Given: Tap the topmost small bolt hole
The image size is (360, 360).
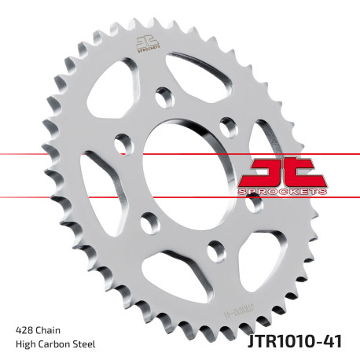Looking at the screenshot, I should [x=163, y=98].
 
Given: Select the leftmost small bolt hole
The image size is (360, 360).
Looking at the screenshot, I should [x=123, y=144].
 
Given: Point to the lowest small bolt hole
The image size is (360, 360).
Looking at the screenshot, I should [x=212, y=250].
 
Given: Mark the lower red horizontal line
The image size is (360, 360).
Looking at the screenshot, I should [x=47, y=197].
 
